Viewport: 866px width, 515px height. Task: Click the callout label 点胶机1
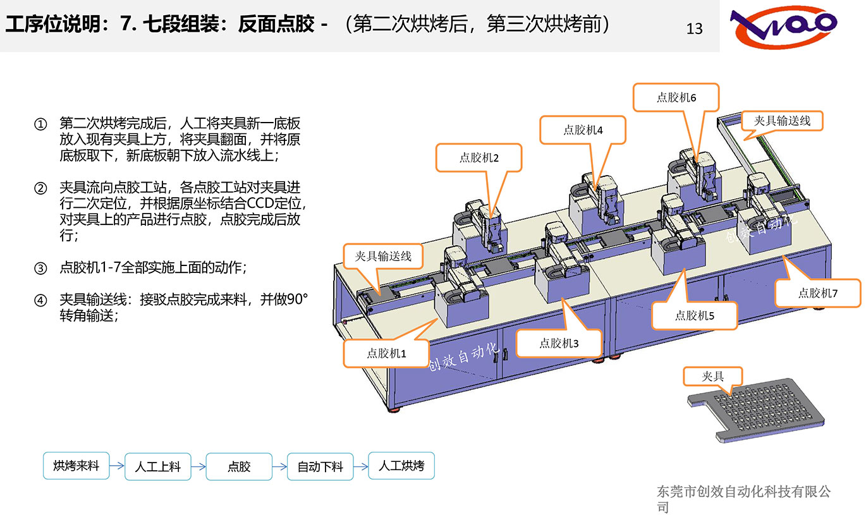coord(386,353)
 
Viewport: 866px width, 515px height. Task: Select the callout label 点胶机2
coord(479,157)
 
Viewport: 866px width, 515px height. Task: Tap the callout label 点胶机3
coord(559,343)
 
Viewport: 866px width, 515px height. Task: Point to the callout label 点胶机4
coord(583,130)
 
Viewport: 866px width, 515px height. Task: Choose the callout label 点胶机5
coord(694,315)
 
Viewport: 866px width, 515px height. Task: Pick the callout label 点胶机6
coord(676,97)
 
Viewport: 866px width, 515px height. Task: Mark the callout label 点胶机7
coord(817,293)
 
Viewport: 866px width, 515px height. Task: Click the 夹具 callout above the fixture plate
coord(712,377)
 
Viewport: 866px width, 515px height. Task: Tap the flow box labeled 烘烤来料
coord(76,466)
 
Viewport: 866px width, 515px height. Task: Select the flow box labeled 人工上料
coord(157,467)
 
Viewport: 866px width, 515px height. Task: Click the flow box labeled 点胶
coord(239,467)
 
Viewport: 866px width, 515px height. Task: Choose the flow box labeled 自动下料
coord(320,467)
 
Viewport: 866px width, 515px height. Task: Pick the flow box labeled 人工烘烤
coord(401,466)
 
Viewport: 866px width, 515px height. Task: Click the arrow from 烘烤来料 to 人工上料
coord(117,467)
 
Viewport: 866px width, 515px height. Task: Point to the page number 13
coord(694,29)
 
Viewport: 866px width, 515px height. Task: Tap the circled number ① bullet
coord(40,124)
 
